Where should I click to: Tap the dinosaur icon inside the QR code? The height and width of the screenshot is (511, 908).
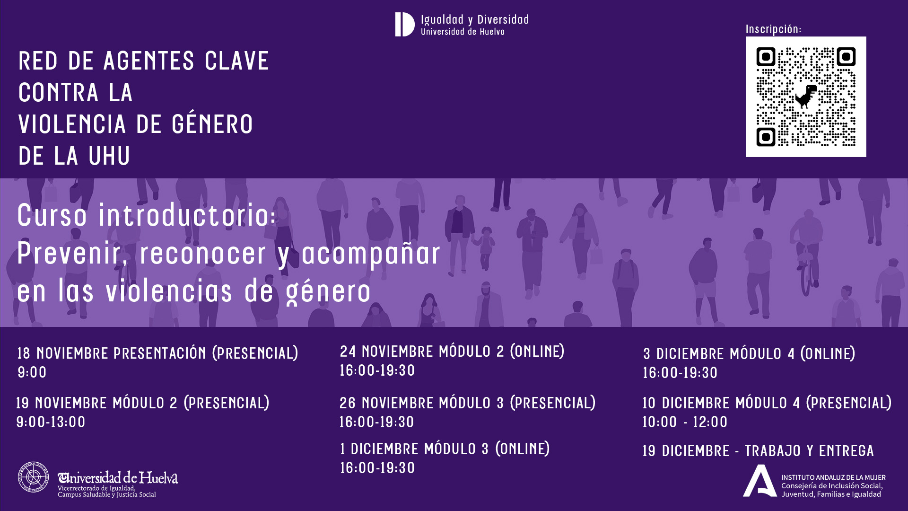click(806, 96)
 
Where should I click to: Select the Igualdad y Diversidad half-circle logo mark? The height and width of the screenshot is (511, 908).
click(404, 25)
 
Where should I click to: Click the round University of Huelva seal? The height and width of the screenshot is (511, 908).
click(33, 477)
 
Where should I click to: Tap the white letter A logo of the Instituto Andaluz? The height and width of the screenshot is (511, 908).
click(759, 482)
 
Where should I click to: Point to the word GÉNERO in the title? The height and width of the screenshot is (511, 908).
click(212, 124)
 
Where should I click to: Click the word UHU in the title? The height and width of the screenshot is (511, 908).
click(109, 156)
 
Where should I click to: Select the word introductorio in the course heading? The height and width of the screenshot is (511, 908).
click(187, 216)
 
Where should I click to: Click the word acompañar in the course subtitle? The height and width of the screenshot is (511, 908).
click(371, 254)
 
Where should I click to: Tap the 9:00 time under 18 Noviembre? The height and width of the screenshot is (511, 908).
click(32, 372)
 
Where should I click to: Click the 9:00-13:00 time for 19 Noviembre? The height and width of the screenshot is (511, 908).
click(51, 422)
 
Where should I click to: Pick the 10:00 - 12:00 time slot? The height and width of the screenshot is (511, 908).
click(685, 422)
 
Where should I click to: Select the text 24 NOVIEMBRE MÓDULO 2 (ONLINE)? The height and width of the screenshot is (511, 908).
click(452, 352)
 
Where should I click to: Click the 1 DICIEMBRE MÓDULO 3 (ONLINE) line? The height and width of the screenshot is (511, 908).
click(445, 449)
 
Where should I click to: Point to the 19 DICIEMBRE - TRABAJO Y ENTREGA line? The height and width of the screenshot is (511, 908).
click(758, 451)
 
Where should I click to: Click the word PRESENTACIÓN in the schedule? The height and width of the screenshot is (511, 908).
click(160, 353)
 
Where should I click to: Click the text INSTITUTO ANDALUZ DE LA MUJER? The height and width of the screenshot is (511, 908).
click(833, 477)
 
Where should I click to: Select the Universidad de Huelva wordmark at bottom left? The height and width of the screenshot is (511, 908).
click(118, 478)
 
